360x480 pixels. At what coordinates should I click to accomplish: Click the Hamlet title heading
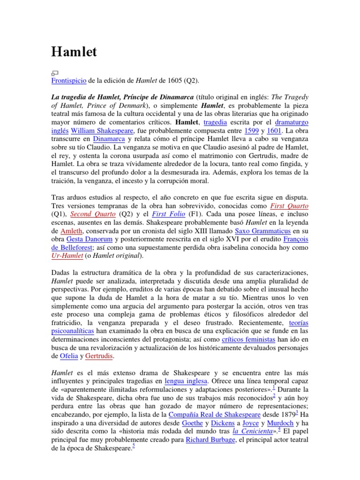click(x=74, y=52)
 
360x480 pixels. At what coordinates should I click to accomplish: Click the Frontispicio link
click(x=68, y=81)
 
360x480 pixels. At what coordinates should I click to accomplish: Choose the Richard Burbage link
click(x=210, y=440)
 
